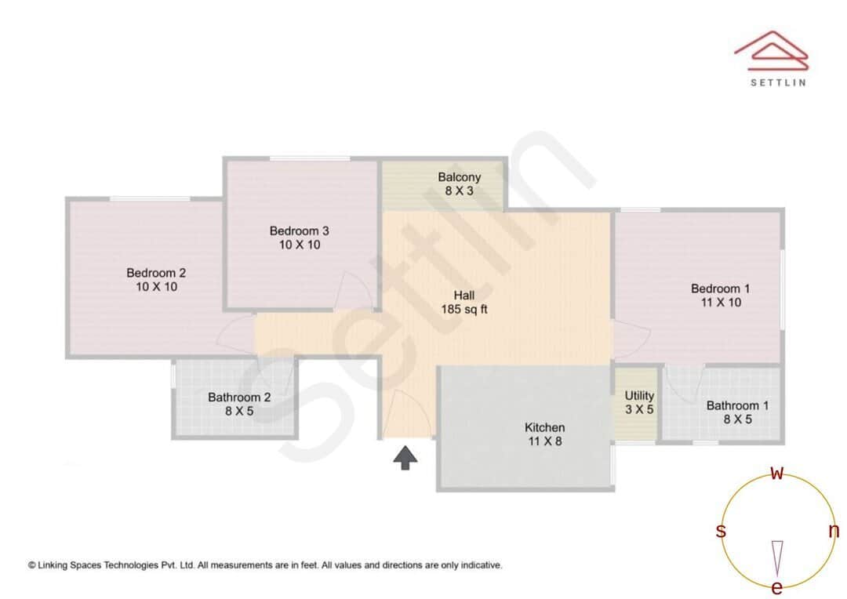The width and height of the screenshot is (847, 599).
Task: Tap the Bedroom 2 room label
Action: (156, 273)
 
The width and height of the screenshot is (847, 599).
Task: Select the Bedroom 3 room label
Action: (299, 231)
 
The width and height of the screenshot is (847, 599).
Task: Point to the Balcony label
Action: (459, 177)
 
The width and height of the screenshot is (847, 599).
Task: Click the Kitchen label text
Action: (544, 427)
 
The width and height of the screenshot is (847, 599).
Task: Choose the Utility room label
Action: (639, 396)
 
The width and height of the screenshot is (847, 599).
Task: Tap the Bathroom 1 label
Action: (737, 405)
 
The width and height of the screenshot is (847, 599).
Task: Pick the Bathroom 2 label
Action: (239, 398)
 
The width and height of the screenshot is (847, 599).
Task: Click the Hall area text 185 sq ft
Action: (463, 310)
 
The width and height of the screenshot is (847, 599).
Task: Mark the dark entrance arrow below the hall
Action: (405, 457)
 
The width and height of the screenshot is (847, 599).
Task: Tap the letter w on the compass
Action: (777, 473)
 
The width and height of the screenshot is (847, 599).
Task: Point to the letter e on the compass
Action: (777, 587)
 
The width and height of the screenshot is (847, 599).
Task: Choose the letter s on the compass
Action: (721, 531)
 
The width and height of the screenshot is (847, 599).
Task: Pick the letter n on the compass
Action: (834, 531)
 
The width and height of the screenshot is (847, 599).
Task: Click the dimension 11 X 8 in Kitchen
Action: (544, 441)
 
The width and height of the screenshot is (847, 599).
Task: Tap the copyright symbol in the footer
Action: (32, 565)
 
